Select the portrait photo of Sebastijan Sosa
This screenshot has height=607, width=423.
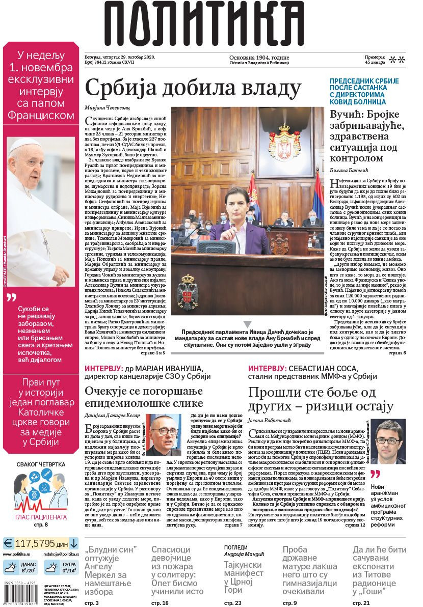coord(388,440)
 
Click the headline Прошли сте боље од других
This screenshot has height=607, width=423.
coord(321,399)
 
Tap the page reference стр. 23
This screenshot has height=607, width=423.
coord(232,602)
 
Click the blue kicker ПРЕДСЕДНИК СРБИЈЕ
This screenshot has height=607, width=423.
coord(364,81)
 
